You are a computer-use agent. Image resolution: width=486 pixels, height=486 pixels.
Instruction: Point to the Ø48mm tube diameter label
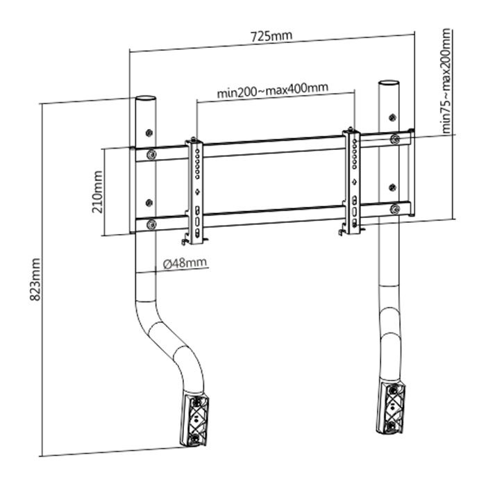(x=183, y=263)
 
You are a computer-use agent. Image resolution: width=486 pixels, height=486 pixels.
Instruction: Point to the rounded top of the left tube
(x=144, y=99)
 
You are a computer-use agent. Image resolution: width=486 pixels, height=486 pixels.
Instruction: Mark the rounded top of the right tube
(x=387, y=84)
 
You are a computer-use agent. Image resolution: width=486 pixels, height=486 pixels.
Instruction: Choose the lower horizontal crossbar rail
(x=271, y=217)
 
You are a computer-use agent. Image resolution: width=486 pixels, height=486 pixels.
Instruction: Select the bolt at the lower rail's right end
(x=395, y=208)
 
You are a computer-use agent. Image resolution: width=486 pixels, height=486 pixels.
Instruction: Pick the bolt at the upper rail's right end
(x=395, y=139)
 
